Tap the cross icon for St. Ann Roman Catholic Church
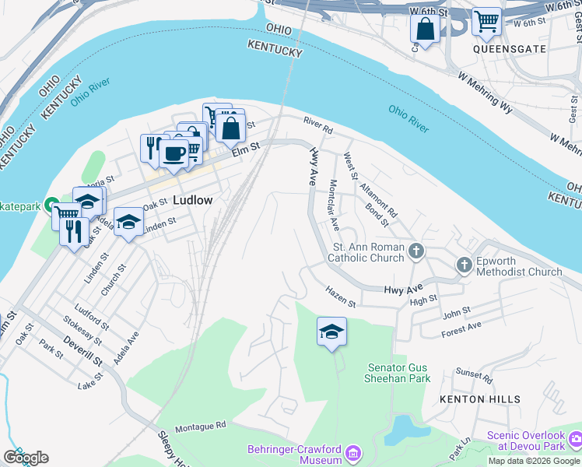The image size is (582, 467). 417,251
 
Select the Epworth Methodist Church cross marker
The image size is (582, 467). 465,265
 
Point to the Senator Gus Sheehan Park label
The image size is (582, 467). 398,373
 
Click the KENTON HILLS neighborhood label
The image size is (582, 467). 480,399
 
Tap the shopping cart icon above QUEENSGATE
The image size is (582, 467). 486,22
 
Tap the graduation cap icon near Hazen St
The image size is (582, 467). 331,332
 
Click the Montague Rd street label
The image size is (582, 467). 200,426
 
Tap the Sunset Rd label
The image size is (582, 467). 475,377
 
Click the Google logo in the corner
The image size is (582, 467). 26,458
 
